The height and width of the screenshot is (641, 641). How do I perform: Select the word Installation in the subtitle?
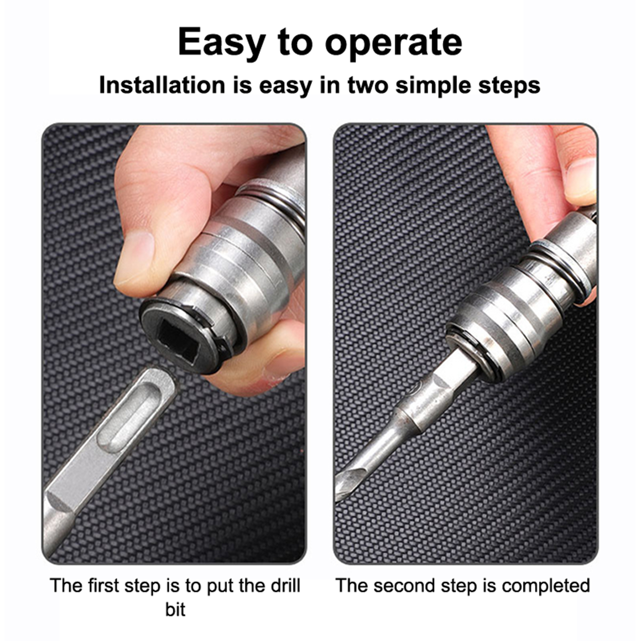click(x=162, y=85)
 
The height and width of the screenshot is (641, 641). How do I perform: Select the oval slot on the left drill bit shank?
click(x=126, y=417)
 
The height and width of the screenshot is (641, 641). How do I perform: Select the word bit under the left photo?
click(x=175, y=610)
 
